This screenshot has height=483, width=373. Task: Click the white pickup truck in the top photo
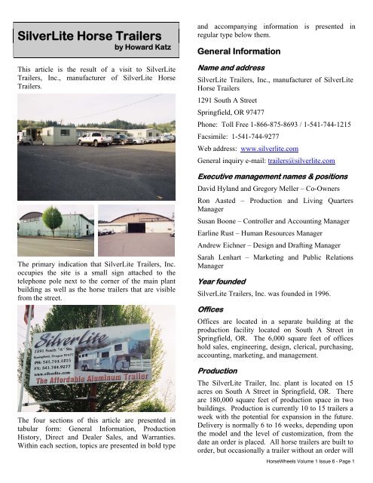coord(95,138)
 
